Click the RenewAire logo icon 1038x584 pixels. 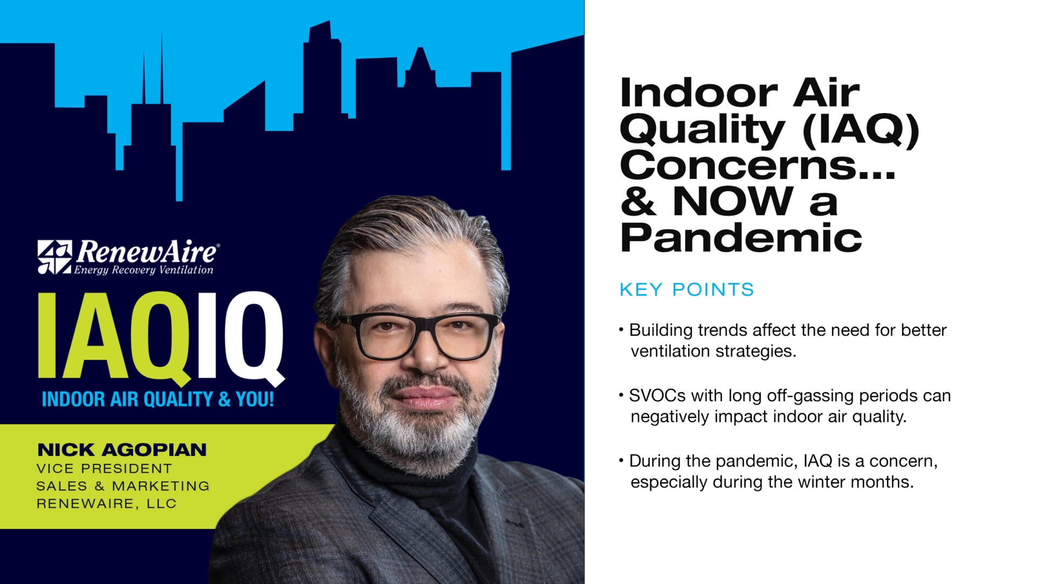click(x=55, y=257)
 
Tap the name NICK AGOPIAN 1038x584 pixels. click(x=122, y=449)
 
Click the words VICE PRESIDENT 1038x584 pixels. click(x=104, y=468)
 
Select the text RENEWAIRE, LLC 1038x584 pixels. click(x=107, y=503)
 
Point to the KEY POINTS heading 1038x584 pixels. click(x=687, y=290)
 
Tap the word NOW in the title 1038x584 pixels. click(x=733, y=201)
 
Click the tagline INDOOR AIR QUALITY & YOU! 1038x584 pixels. click(x=158, y=399)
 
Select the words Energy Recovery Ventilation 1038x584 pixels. click(x=144, y=270)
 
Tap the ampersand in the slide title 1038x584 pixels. click(x=638, y=201)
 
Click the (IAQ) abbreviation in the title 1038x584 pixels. click(x=861, y=129)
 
